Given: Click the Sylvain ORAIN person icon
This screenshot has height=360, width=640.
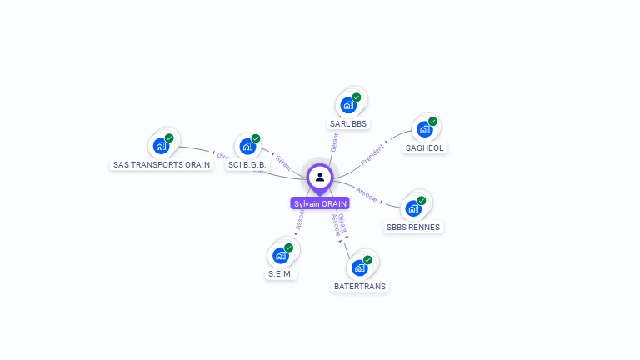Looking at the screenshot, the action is (320, 177).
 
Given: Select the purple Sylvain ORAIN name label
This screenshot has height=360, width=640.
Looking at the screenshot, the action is (320, 203).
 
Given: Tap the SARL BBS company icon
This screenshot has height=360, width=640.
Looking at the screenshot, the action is (348, 106).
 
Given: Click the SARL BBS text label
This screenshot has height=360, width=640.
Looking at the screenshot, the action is (348, 124).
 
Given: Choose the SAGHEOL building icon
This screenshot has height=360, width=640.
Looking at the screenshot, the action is (425, 130).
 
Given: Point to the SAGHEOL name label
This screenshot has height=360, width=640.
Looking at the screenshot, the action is (425, 148).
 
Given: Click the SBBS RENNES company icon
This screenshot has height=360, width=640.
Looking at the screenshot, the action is (413, 208).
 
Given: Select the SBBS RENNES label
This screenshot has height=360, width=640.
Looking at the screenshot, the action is (413, 227).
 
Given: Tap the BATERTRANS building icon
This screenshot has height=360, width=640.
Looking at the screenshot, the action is (360, 267).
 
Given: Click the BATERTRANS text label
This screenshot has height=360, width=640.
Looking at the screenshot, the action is (361, 286).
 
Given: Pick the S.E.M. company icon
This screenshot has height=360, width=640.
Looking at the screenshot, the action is (281, 256).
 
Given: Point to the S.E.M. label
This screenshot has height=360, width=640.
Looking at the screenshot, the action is (282, 273).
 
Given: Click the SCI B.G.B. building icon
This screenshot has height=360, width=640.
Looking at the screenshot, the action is (247, 147).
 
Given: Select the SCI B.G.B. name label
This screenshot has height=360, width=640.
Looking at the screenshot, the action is (247, 165).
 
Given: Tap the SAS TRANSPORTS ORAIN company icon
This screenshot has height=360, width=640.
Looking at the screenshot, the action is (161, 146).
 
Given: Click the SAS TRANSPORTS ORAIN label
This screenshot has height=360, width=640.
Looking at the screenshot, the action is (162, 165).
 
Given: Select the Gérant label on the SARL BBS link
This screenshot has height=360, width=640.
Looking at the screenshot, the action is (334, 142).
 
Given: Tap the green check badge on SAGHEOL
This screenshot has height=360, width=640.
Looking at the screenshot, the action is (432, 122).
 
